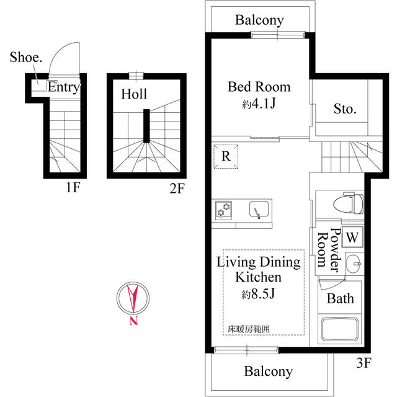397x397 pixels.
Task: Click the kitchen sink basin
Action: pyautogui.click(x=257, y=210)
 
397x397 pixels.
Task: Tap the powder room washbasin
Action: pyautogui.click(x=354, y=263)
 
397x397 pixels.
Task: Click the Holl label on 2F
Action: pyautogui.click(x=134, y=94)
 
